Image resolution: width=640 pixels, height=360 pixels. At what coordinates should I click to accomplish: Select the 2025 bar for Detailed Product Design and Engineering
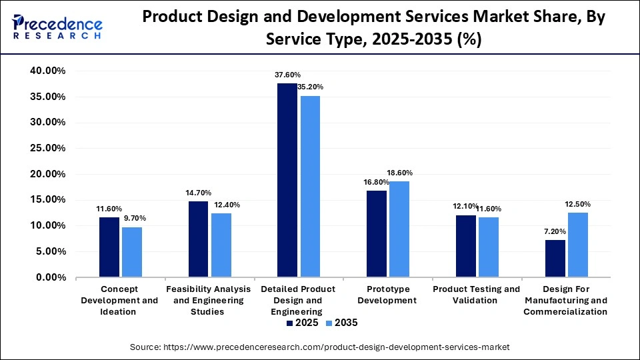point(287,180)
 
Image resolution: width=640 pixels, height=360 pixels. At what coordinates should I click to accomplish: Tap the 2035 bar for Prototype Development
point(399,229)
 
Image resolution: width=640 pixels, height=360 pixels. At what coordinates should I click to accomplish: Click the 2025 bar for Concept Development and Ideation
point(109,247)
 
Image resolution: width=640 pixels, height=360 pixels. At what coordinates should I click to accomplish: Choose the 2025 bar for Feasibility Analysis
point(199,239)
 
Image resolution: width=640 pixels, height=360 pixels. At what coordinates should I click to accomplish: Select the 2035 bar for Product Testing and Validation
point(488,247)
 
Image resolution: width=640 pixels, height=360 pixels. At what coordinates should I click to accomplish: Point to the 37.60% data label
point(287,75)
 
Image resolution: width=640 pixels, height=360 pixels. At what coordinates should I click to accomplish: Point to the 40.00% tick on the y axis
point(47,71)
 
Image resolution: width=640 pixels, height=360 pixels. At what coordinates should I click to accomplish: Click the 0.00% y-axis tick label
point(49,277)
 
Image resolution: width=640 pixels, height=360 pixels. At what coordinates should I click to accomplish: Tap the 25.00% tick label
point(47,148)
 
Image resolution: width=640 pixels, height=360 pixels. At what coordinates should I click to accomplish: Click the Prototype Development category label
point(387,295)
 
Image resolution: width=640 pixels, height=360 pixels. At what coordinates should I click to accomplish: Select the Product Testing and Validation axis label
point(476,295)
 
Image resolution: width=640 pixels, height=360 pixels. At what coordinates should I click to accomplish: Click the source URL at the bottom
point(319,347)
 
